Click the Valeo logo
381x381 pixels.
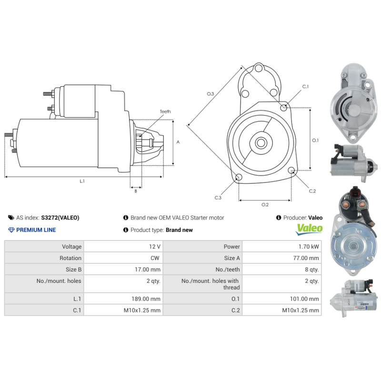309,229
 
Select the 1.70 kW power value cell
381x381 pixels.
310,247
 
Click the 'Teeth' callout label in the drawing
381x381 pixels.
165,112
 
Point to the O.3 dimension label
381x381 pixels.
210,94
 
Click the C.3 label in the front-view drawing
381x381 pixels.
218,197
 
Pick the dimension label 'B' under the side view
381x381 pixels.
136,191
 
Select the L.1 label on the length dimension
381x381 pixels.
82,181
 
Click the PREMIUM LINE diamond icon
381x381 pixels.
11,230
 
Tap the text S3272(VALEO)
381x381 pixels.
60,218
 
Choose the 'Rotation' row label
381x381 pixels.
70,258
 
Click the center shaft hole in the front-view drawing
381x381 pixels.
261,143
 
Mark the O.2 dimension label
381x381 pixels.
265,205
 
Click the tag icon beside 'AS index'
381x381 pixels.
11,218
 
